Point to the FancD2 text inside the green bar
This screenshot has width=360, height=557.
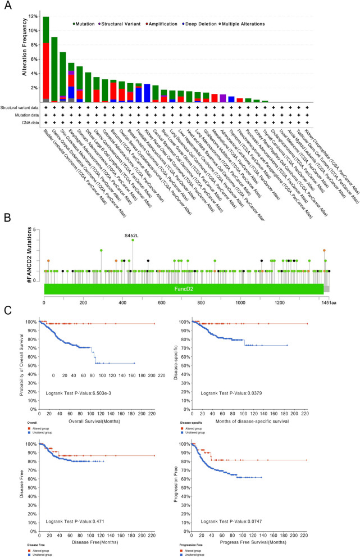click(x=184, y=288)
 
